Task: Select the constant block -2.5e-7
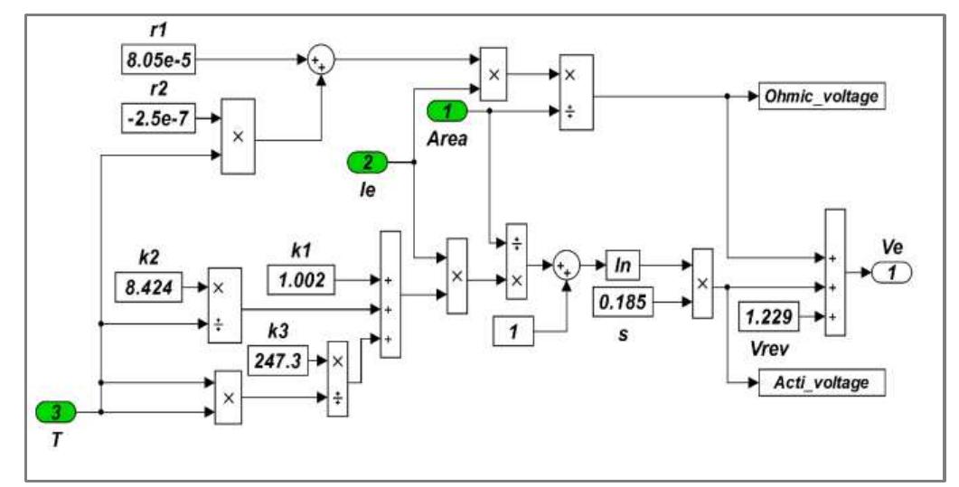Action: point(157,117)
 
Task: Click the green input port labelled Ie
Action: point(367,164)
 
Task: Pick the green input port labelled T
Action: point(55,412)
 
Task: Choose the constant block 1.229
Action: point(770,316)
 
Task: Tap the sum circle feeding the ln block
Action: point(567,266)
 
